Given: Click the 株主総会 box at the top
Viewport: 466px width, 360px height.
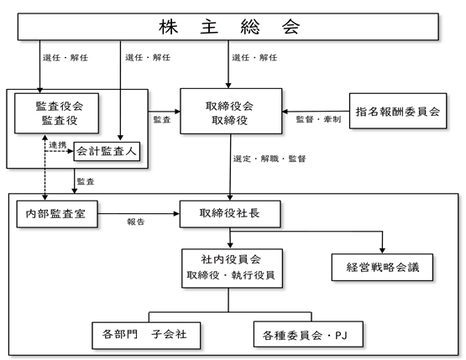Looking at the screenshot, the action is [228, 27].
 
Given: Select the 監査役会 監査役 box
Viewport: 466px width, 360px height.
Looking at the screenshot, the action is [57, 113].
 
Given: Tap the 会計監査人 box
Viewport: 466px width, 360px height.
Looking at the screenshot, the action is [107, 152].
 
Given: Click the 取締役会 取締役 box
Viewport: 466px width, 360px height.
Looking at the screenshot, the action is [231, 111].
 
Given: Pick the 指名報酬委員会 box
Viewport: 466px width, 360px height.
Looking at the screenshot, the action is [398, 111].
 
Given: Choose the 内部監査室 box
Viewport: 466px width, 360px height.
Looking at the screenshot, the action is [57, 214].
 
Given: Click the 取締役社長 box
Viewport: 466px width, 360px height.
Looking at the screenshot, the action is [230, 214].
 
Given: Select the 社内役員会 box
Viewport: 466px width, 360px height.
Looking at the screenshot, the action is [232, 269].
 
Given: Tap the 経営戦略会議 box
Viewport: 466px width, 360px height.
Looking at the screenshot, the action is [382, 268].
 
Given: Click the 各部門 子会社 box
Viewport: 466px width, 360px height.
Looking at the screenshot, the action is [146, 336].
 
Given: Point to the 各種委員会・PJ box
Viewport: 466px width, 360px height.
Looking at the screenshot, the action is [308, 334].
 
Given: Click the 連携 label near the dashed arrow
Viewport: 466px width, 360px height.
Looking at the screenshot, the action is [58, 145].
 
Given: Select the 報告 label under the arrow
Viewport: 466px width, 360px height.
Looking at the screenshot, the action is [136, 222].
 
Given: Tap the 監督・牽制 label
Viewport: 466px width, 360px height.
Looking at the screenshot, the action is [318, 119].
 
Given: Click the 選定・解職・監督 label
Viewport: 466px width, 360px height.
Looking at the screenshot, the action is [270, 159].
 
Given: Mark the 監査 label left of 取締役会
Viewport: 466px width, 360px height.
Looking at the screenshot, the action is [162, 119].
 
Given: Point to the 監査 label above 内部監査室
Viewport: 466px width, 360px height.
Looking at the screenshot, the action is [86, 181].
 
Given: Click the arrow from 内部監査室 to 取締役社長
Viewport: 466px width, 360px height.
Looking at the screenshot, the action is [139, 213].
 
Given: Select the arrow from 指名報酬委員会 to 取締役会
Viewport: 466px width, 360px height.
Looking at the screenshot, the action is [316, 112].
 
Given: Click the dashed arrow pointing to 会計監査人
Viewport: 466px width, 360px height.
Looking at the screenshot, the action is [59, 152].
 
